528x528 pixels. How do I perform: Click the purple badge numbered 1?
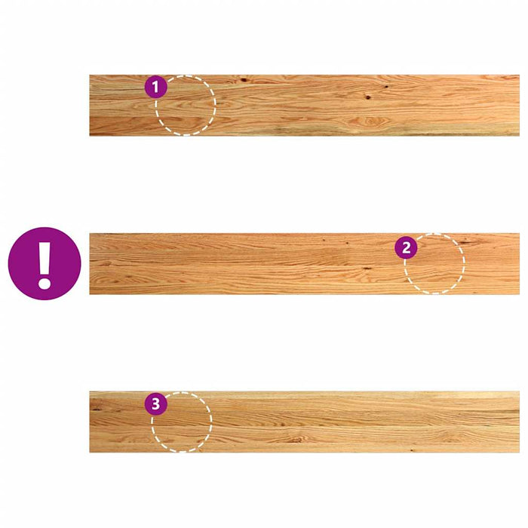[155, 87]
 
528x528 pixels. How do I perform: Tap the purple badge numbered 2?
[406, 248]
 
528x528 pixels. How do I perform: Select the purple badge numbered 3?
[156, 404]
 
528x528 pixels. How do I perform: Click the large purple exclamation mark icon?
[45, 264]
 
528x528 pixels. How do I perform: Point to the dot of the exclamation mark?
[44, 283]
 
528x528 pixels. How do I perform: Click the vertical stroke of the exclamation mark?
[44, 257]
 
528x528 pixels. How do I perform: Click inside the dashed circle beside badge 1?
[186, 106]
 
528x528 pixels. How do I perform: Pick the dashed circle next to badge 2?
[434, 264]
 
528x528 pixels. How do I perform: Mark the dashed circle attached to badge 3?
[182, 422]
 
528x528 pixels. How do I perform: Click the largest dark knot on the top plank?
[368, 97]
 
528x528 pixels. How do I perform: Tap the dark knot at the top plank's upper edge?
[243, 80]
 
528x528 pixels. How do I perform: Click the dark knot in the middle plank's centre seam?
[367, 269]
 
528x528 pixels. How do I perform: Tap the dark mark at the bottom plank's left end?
[97, 410]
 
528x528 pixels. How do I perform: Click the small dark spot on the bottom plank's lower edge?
[412, 450]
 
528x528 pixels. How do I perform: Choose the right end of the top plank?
[519, 106]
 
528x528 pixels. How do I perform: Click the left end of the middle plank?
[90, 264]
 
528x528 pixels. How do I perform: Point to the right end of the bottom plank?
[519, 422]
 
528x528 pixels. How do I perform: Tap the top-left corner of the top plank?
[90, 75]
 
